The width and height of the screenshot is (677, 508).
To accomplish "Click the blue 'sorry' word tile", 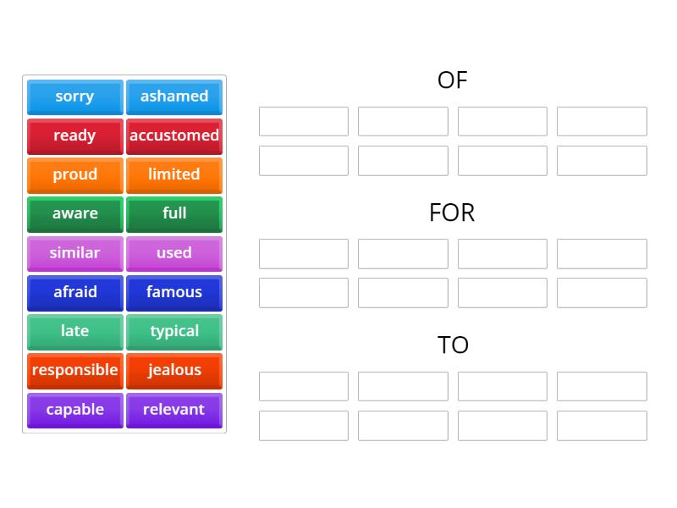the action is coord(74,97).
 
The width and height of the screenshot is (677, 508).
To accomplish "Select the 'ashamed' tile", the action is coord(174,97).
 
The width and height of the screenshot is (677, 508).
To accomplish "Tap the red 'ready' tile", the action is coord(74,135).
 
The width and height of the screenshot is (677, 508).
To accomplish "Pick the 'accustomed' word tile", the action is coord(174,135).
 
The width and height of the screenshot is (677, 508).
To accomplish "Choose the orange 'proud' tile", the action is coord(74,174).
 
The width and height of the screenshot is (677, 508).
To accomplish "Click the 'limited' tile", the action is coord(174,174).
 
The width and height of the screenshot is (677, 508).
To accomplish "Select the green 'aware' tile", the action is coord(74,213).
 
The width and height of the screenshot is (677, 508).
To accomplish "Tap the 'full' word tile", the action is coord(174,213).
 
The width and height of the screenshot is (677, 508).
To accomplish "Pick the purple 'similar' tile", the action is coord(74,253).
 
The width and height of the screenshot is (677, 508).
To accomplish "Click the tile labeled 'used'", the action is coord(174,253).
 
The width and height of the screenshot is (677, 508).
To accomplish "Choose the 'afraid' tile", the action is coord(74,292).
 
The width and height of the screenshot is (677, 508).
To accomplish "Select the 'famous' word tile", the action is coord(174,292).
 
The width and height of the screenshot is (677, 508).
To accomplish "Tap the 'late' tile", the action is coord(74,331).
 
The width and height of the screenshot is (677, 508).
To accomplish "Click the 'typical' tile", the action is coord(174,331).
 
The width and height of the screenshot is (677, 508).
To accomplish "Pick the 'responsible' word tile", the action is coord(74,370).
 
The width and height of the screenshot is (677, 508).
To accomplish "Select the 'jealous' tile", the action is coord(174,370).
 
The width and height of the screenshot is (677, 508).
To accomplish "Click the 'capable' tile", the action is coord(74,410).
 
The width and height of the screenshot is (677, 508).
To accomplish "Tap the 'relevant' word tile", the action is coord(174,410).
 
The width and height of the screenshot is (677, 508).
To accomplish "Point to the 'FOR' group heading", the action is coord(452,213).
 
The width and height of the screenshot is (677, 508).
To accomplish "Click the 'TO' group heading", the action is coord(453,345).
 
